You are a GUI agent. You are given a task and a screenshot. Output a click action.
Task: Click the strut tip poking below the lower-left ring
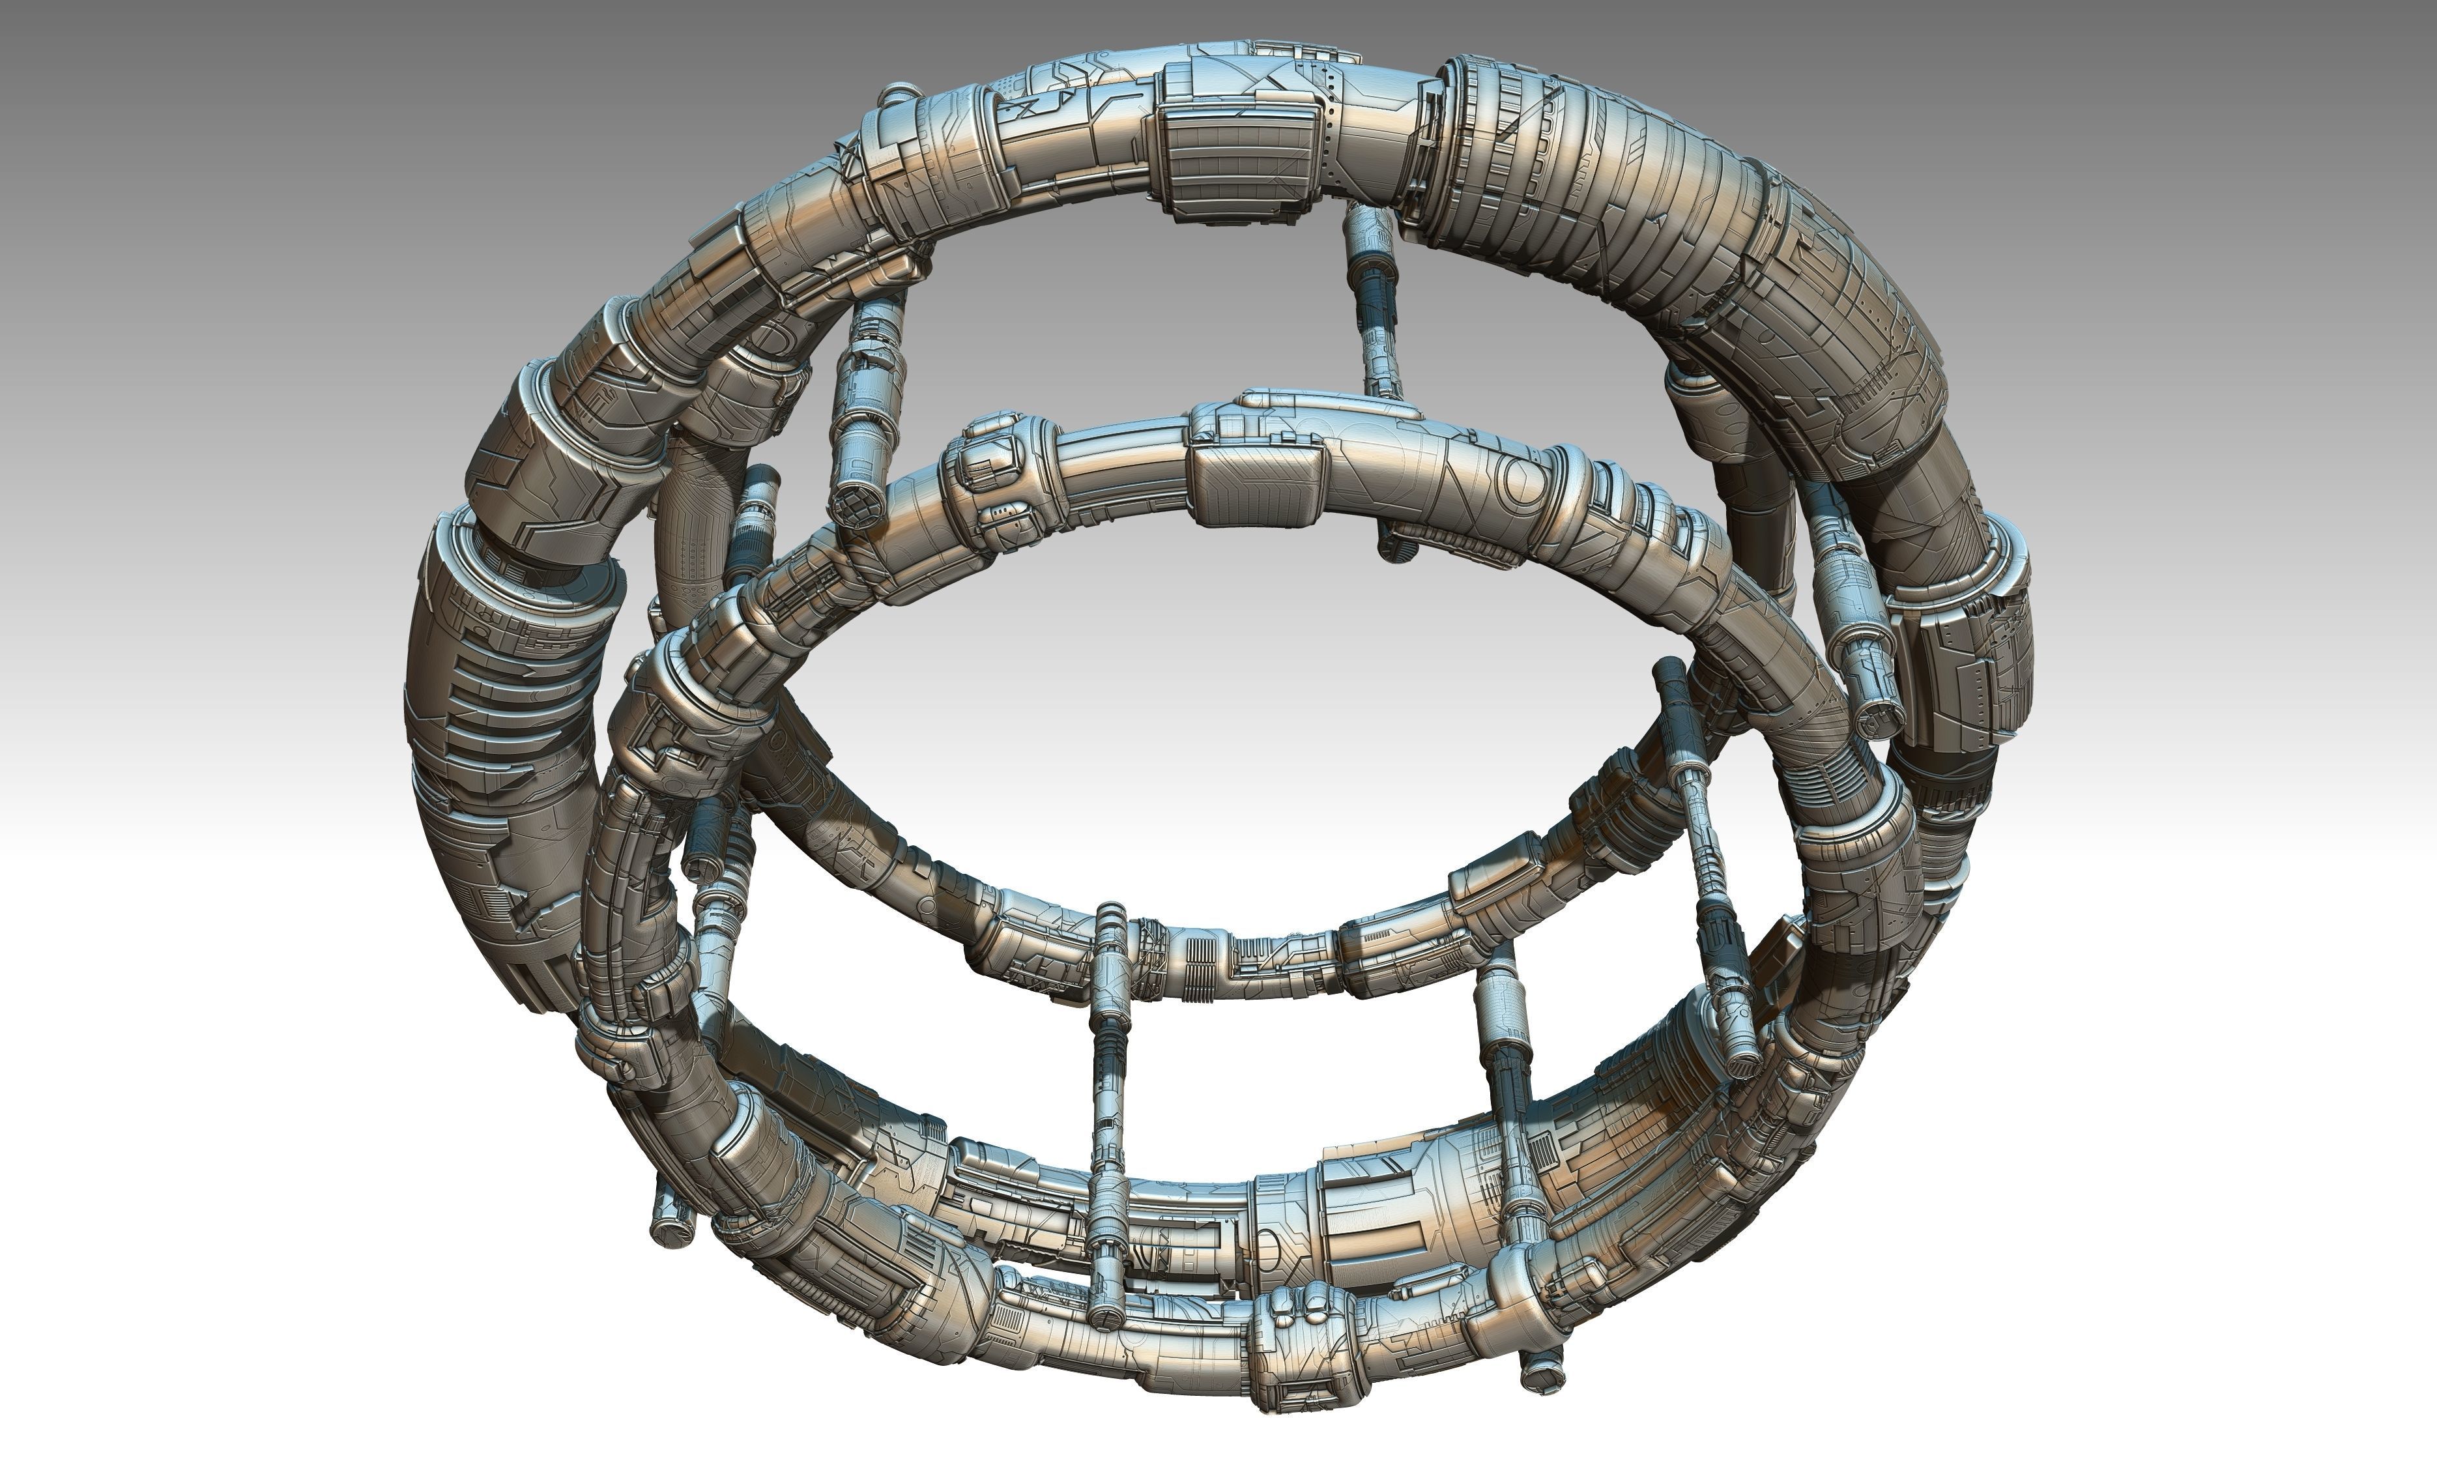click(x=671, y=1226)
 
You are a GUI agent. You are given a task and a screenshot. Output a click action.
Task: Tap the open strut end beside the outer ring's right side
click(x=1876, y=719)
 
